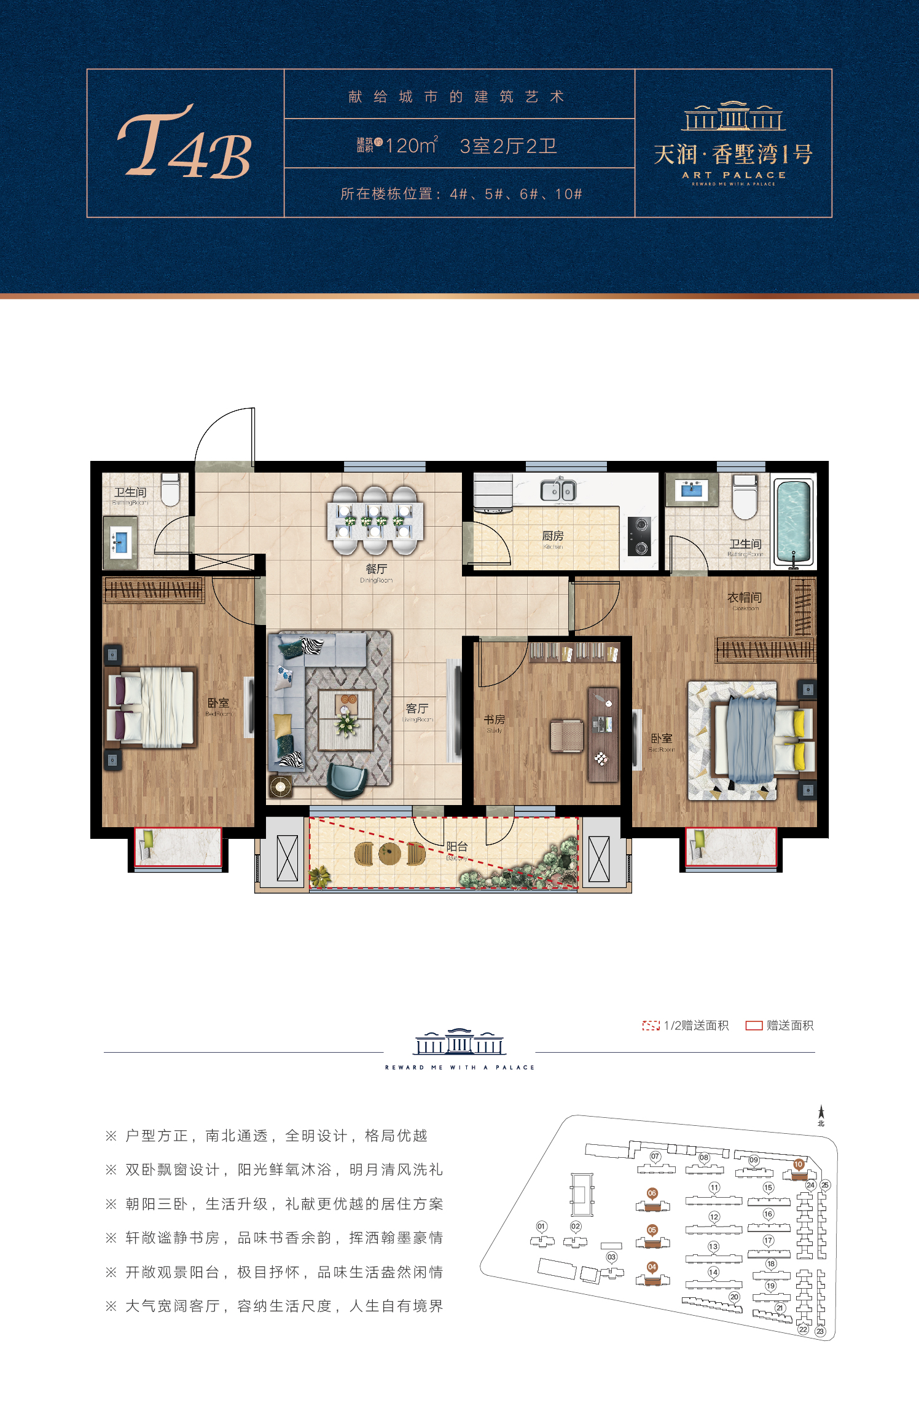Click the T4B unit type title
(x=185, y=144)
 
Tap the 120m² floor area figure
(x=411, y=146)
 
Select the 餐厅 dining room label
(x=376, y=570)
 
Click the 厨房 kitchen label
(x=553, y=536)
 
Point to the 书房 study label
(x=494, y=720)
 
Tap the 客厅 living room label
(x=417, y=709)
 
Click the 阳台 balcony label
(x=457, y=847)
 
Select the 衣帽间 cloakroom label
(x=745, y=597)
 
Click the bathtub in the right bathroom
(x=794, y=521)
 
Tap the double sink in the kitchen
(x=558, y=490)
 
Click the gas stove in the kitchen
(x=639, y=536)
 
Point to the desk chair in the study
(x=566, y=736)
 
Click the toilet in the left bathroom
(x=170, y=489)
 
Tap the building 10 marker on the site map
(x=799, y=1164)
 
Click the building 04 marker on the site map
(x=652, y=1267)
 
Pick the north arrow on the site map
(x=821, y=1114)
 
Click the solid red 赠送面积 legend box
(x=754, y=1025)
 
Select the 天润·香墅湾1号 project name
(x=733, y=154)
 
